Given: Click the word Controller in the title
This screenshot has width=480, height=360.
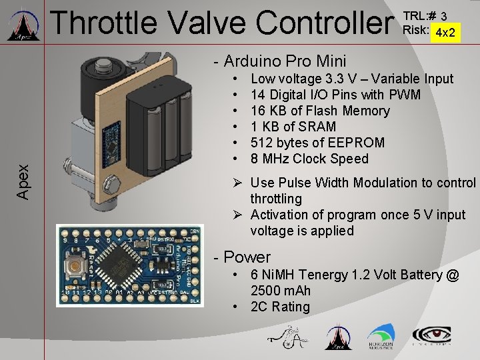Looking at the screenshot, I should pos(325,22).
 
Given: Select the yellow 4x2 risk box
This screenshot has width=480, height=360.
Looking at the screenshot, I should pos(445,31).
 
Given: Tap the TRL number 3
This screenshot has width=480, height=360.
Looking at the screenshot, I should pos(444,15).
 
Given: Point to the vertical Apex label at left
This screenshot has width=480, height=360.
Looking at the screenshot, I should pos(23,181).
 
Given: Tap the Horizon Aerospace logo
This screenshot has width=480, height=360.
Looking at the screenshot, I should pos(381,336).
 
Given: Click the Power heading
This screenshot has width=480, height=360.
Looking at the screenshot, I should pos(247,257).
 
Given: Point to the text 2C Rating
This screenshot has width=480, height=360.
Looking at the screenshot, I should pos(280,307).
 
